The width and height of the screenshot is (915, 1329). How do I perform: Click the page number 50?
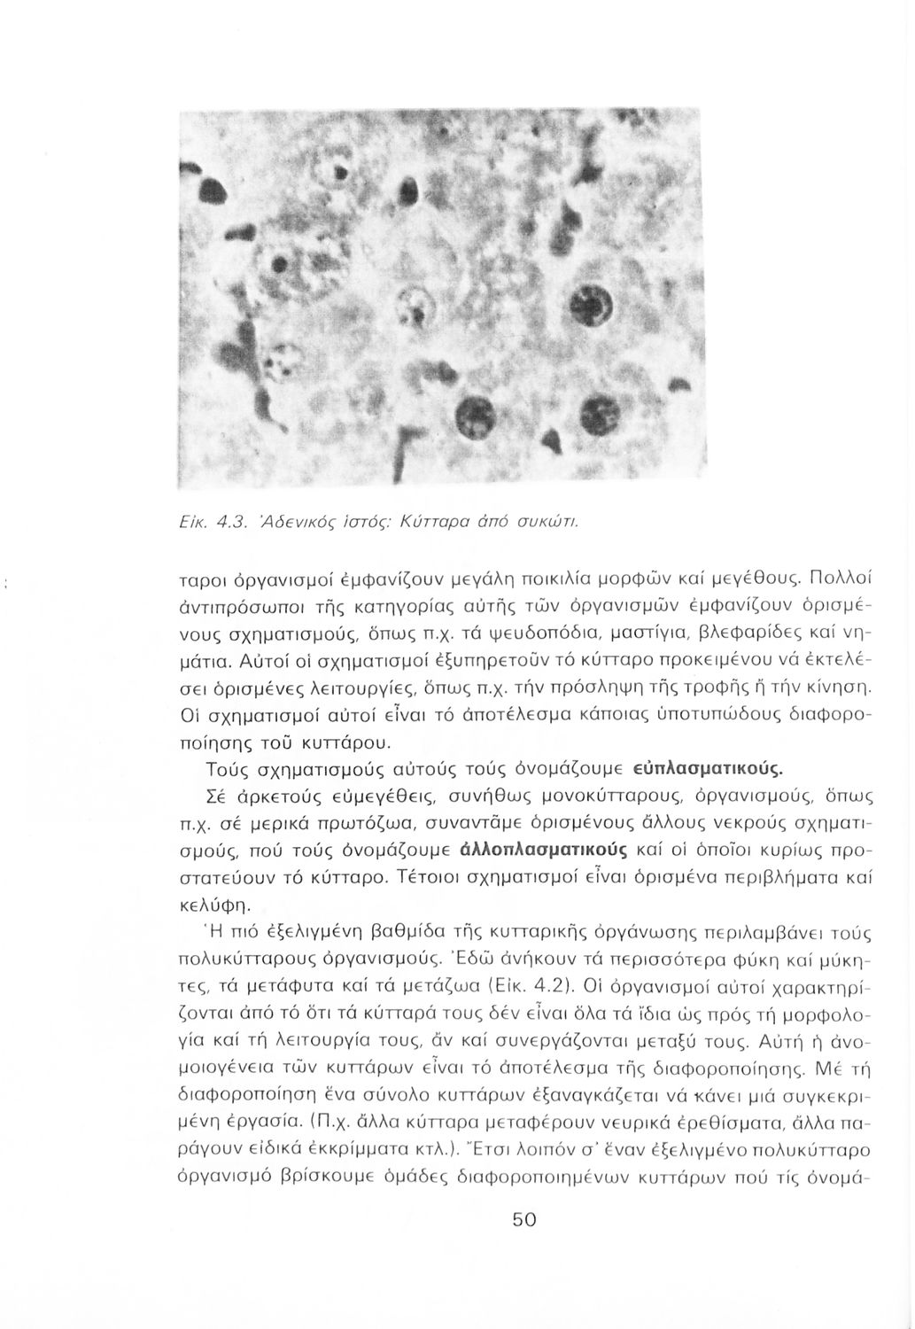click(x=524, y=1220)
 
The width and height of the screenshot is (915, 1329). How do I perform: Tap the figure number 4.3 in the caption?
click(x=219, y=521)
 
